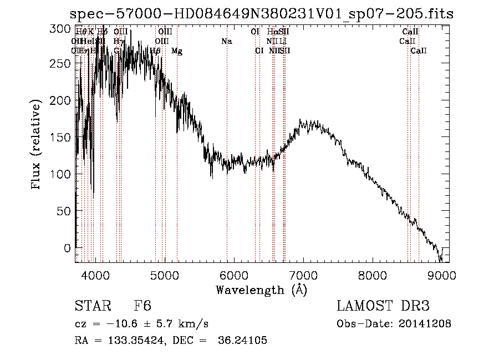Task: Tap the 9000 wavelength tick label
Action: point(441,275)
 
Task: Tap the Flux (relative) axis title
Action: point(37,145)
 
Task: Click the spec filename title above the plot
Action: point(262,14)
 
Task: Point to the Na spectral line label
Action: point(226,42)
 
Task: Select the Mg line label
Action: point(176,51)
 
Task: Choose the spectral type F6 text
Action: point(142,306)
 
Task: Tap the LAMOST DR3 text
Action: point(383,306)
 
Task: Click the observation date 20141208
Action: point(423,324)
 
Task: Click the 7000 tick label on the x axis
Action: point(303,275)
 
